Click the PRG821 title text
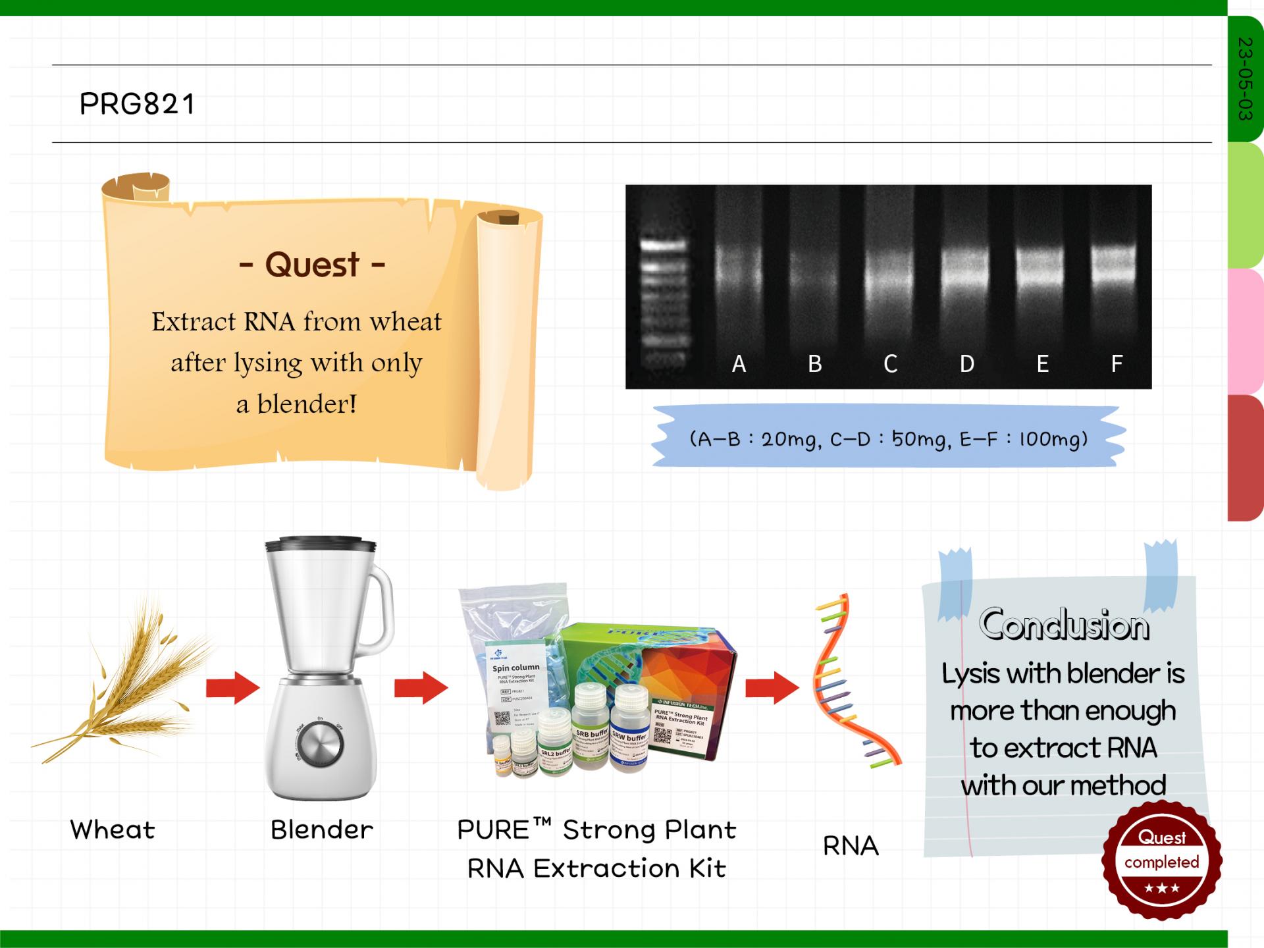point(137,104)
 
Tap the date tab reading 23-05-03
point(1244,79)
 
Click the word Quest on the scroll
point(312,265)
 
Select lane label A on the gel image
point(739,363)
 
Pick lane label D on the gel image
point(966,363)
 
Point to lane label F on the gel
point(1117,363)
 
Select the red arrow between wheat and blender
point(232,688)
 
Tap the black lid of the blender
point(321,544)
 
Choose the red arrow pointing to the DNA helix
point(772,688)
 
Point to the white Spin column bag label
point(516,685)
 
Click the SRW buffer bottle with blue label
point(629,731)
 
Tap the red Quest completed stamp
point(1161,860)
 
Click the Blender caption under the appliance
point(321,830)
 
